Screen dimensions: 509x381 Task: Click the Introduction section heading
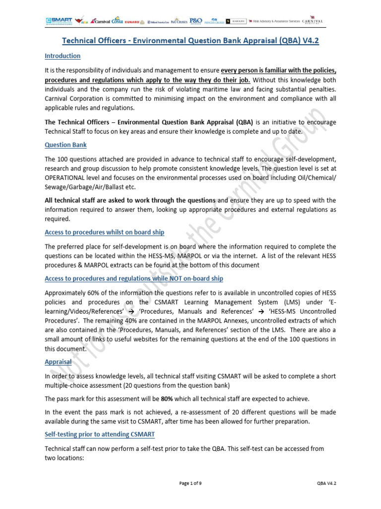[63, 56]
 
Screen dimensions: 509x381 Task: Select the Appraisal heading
[58, 362]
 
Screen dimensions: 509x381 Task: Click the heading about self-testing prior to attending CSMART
[100, 434]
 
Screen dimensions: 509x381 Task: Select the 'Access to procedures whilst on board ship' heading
[105, 232]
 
